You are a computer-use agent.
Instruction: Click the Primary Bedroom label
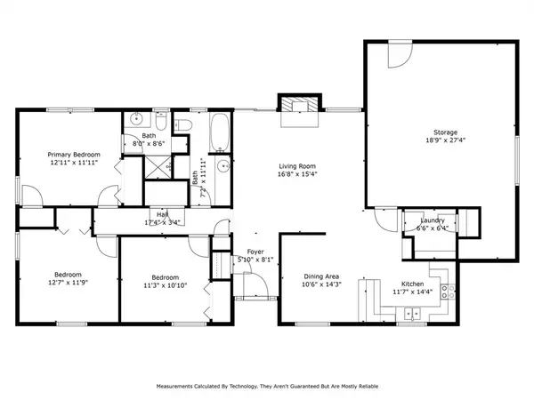(74, 155)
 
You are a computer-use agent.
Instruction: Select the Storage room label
(446, 132)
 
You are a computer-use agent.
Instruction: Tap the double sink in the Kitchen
(411, 311)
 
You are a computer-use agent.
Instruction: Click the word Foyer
(255, 253)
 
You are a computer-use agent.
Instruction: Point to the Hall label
(163, 214)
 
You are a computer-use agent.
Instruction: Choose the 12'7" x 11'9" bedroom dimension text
(69, 283)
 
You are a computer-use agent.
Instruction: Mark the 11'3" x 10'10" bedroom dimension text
(166, 284)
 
